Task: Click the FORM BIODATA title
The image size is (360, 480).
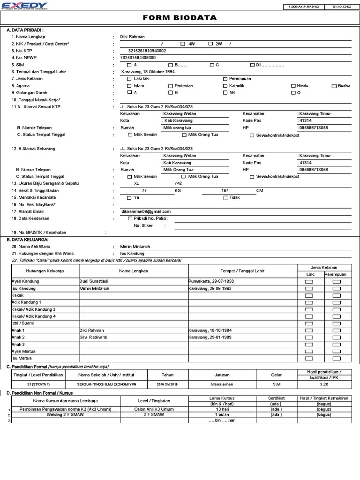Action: pyautogui.click(x=180, y=18)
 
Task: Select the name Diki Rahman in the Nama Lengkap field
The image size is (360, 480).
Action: pyautogui.click(x=133, y=37)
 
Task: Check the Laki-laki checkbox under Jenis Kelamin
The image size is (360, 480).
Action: pyautogui.click(x=129, y=79)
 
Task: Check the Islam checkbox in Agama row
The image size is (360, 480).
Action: pyautogui.click(x=129, y=86)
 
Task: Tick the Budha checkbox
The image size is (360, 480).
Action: pyautogui.click(x=334, y=86)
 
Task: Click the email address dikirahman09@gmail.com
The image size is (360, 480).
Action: pyautogui.click(x=146, y=212)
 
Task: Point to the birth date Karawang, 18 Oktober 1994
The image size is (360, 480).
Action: pyautogui.click(x=148, y=72)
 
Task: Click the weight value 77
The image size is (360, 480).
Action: pyautogui.click(x=144, y=191)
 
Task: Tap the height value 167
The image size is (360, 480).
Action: pyautogui.click(x=225, y=191)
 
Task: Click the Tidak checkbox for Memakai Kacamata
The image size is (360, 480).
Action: pyautogui.click(x=226, y=198)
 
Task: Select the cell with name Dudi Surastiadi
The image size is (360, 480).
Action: pyautogui.click(x=97, y=281)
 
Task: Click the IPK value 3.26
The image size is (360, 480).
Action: pyautogui.click(x=324, y=384)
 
